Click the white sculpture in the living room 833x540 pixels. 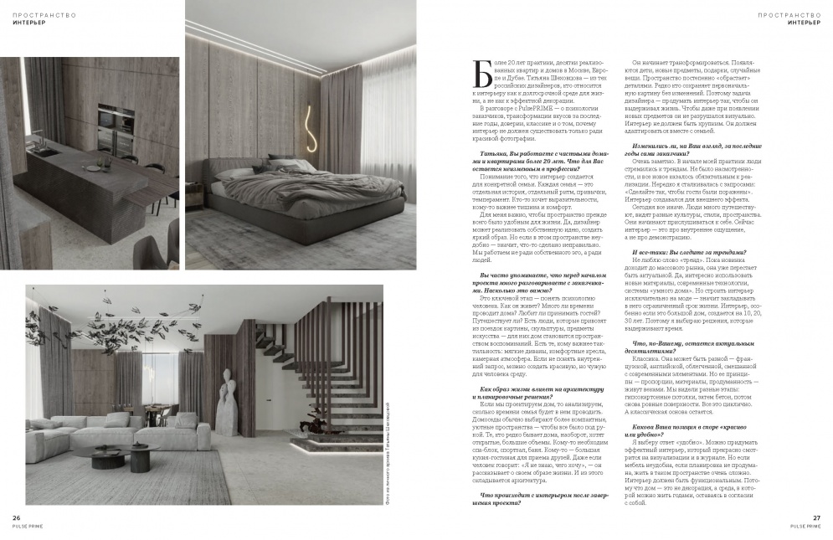coord(225,393)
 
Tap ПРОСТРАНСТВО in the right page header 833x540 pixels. coord(788,14)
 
